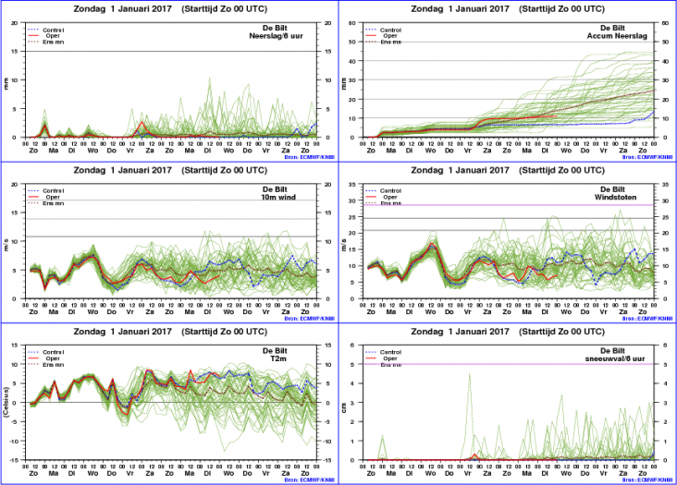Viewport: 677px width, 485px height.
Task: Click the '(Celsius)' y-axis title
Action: pos(8,403)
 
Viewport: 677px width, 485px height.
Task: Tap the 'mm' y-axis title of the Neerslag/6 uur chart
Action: pos(8,79)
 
